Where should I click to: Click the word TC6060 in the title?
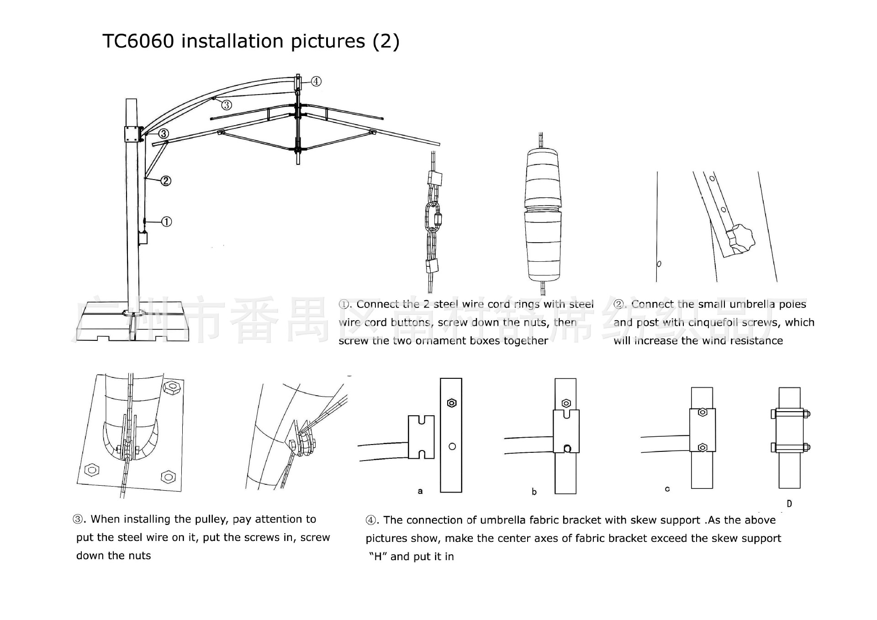(x=138, y=41)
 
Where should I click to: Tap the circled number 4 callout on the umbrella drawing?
(x=316, y=81)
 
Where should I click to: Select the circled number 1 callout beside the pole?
(x=167, y=222)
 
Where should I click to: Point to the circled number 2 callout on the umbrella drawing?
(x=166, y=181)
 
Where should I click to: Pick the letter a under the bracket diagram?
(x=420, y=491)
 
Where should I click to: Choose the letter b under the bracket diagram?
(x=534, y=492)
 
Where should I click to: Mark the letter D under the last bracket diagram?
(x=789, y=503)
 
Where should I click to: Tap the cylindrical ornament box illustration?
(x=542, y=215)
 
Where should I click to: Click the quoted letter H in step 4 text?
(x=378, y=556)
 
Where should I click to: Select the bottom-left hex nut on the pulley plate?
(x=92, y=469)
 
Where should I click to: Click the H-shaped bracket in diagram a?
(x=421, y=437)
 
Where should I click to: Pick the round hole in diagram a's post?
(x=452, y=446)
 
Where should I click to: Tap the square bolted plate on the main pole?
(x=132, y=134)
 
